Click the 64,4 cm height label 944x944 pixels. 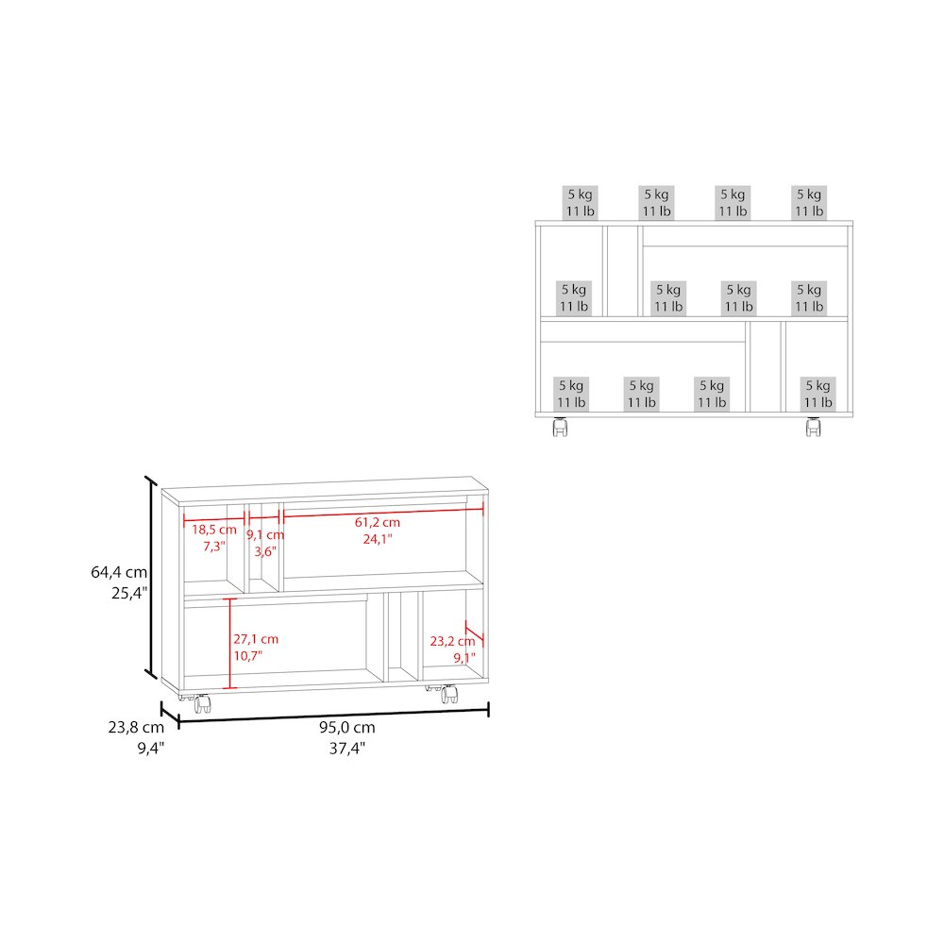119,572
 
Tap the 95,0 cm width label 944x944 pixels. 346,727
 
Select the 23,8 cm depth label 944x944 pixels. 136,727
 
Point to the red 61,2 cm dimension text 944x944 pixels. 378,523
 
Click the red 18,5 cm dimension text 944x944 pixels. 214,530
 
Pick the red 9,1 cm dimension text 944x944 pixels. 265,534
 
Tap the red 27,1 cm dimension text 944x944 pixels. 256,639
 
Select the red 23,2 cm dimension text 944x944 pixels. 453,642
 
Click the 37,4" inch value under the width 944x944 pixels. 347,749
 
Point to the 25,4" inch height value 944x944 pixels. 129,593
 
